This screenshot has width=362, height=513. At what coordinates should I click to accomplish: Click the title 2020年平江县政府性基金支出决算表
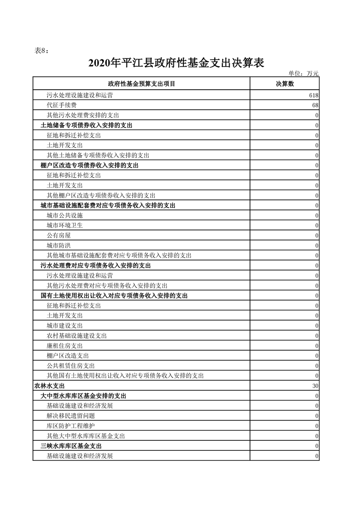pyautogui.click(x=176, y=63)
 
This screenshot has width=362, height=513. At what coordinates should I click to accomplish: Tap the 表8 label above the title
pyautogui.click(x=42, y=50)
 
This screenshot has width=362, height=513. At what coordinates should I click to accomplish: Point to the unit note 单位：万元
pyautogui.click(x=304, y=73)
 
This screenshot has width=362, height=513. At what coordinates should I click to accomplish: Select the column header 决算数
pyautogui.click(x=284, y=84)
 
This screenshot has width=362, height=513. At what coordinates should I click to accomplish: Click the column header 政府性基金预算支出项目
pyautogui.click(x=142, y=84)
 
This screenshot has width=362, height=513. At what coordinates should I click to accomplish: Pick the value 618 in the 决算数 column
pyautogui.click(x=313, y=95)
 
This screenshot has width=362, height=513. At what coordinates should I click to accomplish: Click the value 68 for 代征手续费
pyautogui.click(x=315, y=105)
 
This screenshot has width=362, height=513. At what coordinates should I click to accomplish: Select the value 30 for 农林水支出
pyautogui.click(x=315, y=386)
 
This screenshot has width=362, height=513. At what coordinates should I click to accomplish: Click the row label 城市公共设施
pyautogui.click(x=64, y=215)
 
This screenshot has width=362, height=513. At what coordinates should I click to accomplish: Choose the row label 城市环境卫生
pyautogui.click(x=64, y=225)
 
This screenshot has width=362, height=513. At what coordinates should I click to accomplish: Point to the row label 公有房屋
pyautogui.click(x=58, y=235)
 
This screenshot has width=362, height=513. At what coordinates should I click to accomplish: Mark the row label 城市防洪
pyautogui.click(x=58, y=246)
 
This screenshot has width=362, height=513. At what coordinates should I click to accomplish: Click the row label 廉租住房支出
pyautogui.click(x=64, y=346)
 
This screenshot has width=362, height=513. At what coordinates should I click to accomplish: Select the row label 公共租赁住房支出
pyautogui.click(x=70, y=366)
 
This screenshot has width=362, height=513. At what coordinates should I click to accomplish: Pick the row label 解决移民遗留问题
pyautogui.click(x=70, y=416)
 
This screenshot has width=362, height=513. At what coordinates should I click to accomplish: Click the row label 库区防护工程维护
pyautogui.click(x=70, y=426)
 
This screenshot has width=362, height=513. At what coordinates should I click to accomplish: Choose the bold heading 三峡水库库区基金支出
pyautogui.click(x=71, y=446)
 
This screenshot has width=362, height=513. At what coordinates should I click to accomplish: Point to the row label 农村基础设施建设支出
pyautogui.click(x=76, y=336)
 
